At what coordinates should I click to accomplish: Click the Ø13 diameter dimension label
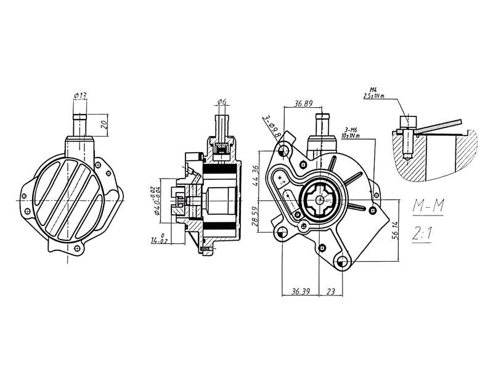[80, 95]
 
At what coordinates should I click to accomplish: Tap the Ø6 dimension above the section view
[222, 102]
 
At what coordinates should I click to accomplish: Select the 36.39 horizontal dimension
[300, 290]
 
